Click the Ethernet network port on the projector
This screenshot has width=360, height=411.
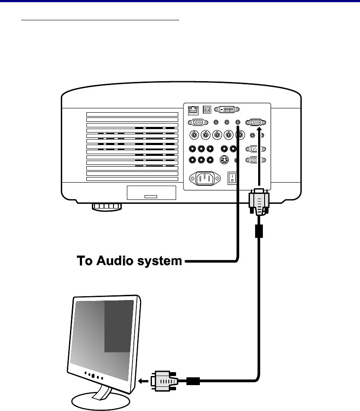[x=193, y=111]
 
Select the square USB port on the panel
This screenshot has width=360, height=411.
[x=207, y=110]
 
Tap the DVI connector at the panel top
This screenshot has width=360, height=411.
[x=227, y=110]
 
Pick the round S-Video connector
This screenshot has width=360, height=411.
[x=224, y=160]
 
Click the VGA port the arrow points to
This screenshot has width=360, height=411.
[x=256, y=122]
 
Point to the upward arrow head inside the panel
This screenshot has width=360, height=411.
[x=259, y=129]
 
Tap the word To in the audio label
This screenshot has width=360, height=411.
[x=85, y=261]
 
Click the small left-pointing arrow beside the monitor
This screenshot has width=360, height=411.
[x=143, y=381]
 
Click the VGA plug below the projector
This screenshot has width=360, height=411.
[x=259, y=202]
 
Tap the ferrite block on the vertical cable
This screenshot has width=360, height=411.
[x=259, y=231]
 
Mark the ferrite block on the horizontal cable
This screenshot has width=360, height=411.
[x=193, y=381]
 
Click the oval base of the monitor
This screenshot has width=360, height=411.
[x=101, y=401]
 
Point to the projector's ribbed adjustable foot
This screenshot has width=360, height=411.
[x=107, y=207]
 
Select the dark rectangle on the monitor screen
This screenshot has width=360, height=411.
[x=119, y=326]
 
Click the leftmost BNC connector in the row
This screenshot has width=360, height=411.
[x=194, y=135]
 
